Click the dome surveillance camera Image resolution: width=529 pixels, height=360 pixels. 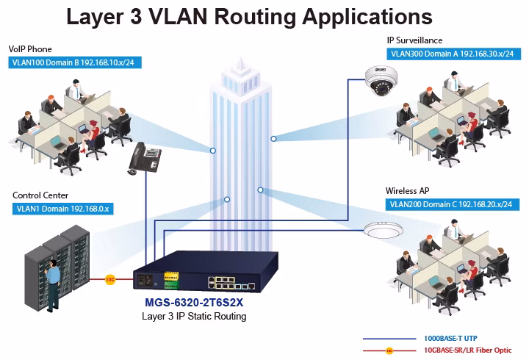381,81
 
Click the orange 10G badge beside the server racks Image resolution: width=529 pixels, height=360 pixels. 110,279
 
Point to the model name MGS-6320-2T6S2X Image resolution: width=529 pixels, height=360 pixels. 194,302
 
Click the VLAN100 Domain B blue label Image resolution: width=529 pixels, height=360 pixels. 75,62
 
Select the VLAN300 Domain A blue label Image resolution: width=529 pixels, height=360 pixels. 454,54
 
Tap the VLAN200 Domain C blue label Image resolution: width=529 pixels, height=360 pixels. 453,204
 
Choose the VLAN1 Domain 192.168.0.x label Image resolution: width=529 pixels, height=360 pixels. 62,209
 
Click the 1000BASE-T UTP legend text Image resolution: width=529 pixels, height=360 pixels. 450,339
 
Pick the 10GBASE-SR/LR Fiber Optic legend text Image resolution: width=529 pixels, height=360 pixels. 467,350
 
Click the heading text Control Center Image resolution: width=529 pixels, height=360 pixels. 40,195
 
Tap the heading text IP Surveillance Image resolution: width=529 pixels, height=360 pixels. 414,40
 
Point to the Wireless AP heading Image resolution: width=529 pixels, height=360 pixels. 407,191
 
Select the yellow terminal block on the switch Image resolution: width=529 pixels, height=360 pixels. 171,276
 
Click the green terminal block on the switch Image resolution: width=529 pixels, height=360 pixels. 171,285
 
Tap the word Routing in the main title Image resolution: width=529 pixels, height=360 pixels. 256,16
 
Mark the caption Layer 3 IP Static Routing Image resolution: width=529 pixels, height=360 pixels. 194,317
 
